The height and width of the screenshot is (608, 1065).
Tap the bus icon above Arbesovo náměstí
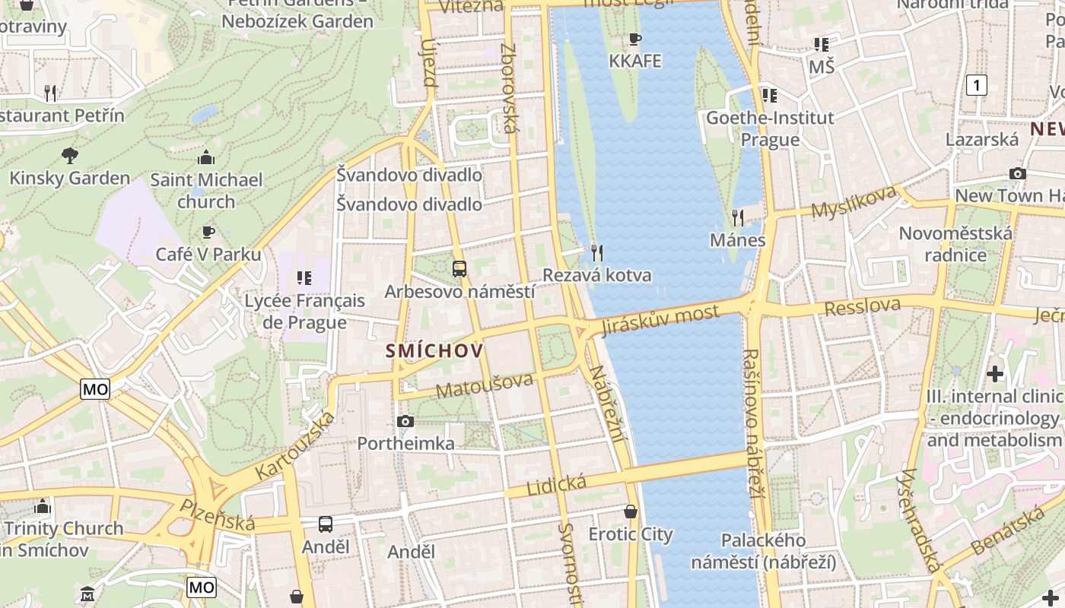[x=459, y=268]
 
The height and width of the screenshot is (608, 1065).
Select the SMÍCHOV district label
[x=434, y=350]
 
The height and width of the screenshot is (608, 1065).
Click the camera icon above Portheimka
[x=405, y=421]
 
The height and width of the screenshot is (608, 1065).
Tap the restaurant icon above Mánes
[x=737, y=218]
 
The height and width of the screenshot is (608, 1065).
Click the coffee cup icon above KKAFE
[x=635, y=39]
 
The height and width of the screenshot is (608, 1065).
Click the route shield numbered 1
[x=976, y=85]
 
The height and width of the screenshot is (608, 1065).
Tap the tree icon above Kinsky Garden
[x=69, y=156]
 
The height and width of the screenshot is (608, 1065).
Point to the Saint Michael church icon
[x=205, y=157]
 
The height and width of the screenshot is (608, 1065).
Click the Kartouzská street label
[x=295, y=446]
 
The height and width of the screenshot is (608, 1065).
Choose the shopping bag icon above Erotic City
[x=630, y=511]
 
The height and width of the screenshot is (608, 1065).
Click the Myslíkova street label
[x=854, y=202]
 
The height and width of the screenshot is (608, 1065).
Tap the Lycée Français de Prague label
[x=304, y=312]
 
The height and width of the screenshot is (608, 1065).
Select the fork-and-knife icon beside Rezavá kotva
[x=597, y=252]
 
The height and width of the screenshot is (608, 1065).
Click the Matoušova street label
[x=485, y=385]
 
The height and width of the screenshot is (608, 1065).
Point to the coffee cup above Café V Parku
[x=208, y=232]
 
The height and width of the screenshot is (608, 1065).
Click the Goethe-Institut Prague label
[x=770, y=128]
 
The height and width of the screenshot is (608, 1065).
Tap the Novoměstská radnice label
[x=955, y=243]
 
